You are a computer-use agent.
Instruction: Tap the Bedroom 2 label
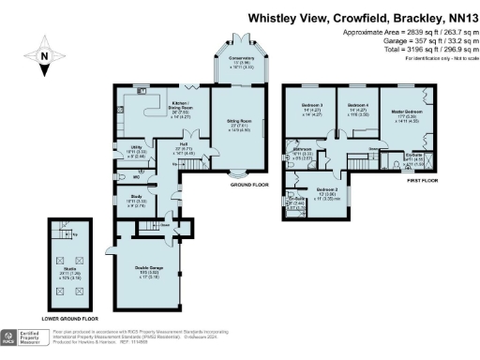(x=327, y=193)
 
